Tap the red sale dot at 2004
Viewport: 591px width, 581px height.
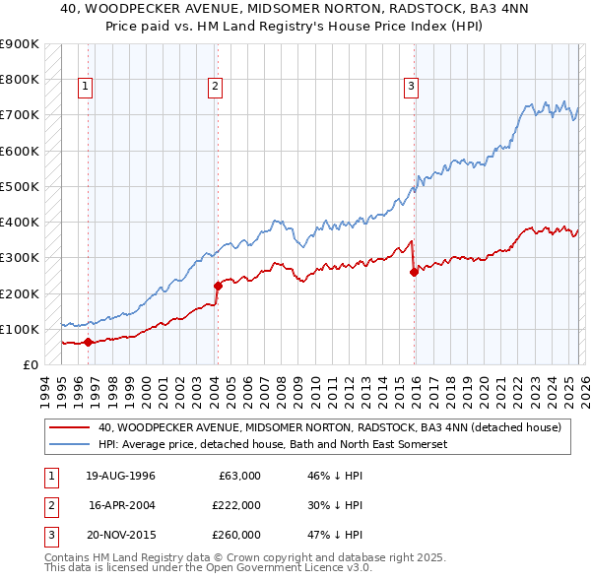[218, 286]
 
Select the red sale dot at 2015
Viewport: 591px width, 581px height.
[414, 273]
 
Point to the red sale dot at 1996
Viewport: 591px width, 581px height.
[89, 343]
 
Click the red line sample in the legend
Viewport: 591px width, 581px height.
[70, 428]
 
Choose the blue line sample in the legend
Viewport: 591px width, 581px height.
[70, 445]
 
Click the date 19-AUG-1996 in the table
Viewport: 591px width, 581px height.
[120, 476]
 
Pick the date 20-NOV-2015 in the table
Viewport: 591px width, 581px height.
[120, 536]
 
